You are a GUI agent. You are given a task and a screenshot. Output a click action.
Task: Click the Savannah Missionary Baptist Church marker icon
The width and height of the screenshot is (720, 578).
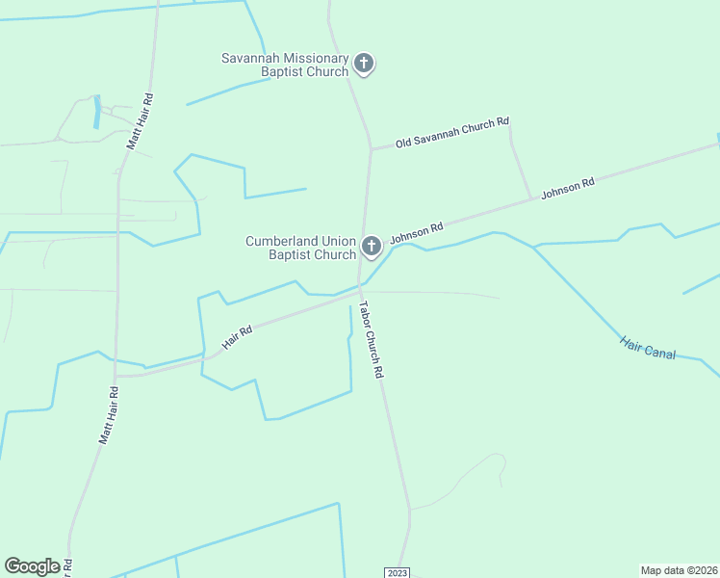click(364, 65)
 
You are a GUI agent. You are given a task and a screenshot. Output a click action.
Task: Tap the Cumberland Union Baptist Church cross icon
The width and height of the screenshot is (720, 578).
click(372, 246)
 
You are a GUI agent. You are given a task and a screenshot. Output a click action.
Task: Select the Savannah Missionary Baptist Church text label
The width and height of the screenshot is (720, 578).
click(285, 65)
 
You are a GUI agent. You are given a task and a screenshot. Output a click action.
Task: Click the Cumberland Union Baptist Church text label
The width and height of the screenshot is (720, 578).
click(300, 248)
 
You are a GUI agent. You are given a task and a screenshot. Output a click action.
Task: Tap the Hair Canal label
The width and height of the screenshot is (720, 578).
click(648, 348)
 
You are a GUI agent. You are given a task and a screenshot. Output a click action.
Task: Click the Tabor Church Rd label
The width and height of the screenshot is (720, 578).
click(372, 340)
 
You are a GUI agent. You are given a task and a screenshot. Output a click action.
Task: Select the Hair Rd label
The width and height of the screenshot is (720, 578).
click(237, 336)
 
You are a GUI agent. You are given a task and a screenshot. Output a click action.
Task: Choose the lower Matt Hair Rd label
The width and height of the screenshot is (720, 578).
click(108, 414)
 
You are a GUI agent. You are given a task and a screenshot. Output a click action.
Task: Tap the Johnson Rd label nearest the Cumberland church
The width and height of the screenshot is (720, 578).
click(416, 232)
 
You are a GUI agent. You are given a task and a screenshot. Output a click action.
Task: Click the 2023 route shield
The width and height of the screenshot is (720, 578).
click(398, 572)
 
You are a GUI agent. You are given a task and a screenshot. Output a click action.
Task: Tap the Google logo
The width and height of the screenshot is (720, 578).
click(32, 566)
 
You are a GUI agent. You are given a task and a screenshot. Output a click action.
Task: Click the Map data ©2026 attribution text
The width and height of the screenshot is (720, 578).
click(679, 569)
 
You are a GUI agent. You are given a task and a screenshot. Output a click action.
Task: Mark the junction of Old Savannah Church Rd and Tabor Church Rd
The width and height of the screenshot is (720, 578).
click(370, 149)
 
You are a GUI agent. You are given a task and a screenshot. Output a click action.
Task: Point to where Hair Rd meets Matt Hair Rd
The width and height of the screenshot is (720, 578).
click(116, 375)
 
